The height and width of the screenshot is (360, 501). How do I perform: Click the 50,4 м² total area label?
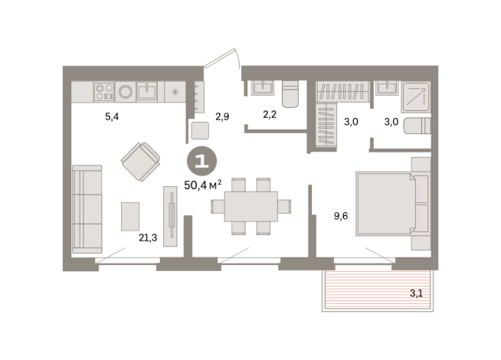[203, 184]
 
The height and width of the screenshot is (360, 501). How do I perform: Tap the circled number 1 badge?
[202, 162]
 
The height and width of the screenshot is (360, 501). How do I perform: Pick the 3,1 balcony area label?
[415, 292]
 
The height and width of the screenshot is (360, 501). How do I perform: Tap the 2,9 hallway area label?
[222, 117]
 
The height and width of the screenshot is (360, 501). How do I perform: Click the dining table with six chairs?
[251, 206]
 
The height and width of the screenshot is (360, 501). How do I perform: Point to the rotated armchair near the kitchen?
[140, 162]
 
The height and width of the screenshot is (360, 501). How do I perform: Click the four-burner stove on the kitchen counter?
[103, 92]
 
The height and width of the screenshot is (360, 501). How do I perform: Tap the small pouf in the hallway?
[201, 130]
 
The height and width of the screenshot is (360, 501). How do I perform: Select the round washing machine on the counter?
[125, 92]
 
